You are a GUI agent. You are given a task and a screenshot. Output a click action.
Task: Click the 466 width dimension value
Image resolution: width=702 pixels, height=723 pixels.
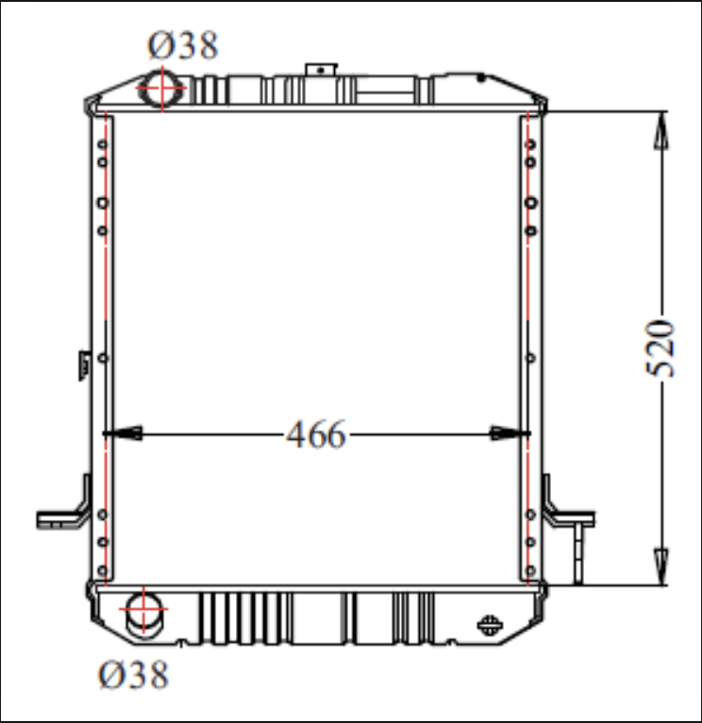[316, 434]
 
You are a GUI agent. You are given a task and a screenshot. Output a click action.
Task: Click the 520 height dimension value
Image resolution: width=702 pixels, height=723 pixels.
[660, 348]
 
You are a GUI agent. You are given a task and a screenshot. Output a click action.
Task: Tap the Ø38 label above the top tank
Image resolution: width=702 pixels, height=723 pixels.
[183, 45]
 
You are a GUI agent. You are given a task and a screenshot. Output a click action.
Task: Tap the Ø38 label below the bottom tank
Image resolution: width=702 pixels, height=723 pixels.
[134, 675]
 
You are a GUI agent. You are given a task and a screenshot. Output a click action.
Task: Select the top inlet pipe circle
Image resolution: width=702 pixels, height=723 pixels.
[161, 88]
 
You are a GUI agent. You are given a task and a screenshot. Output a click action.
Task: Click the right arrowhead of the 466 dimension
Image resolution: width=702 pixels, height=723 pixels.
[510, 433]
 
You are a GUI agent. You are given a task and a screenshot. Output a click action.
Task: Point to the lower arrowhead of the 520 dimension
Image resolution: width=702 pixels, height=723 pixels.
[661, 566]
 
